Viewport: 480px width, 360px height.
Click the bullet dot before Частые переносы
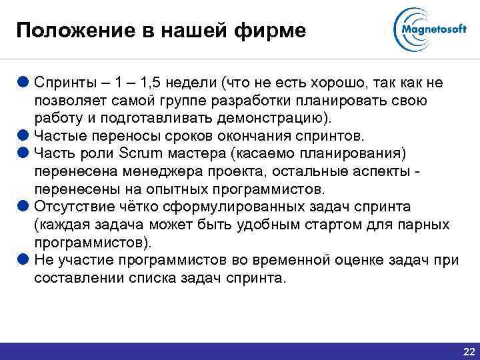point(23,135)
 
